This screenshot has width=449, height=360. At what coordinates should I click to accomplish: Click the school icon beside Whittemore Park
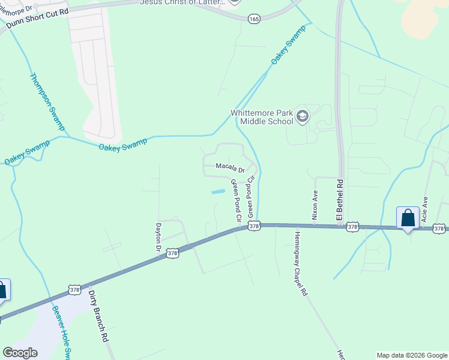pos(303,116)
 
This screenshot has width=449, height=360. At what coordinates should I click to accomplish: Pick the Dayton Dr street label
pos(159,237)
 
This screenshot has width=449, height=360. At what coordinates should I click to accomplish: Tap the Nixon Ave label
pos(314,204)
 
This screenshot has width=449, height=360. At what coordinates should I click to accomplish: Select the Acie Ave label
pos(424,210)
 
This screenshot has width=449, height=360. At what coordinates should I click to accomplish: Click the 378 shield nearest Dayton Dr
pos(173,254)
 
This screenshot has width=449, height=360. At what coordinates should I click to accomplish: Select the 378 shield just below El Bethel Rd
pos(352,227)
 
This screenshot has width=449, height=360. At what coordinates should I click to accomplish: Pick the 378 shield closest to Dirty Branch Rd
pos(74,289)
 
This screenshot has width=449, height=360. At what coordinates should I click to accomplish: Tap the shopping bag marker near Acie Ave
pos(408,218)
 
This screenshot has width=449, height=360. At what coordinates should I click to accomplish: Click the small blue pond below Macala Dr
pos(218,191)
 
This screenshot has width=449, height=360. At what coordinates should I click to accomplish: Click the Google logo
pos(20,353)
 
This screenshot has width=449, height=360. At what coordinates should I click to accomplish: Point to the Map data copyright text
pos(412,355)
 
